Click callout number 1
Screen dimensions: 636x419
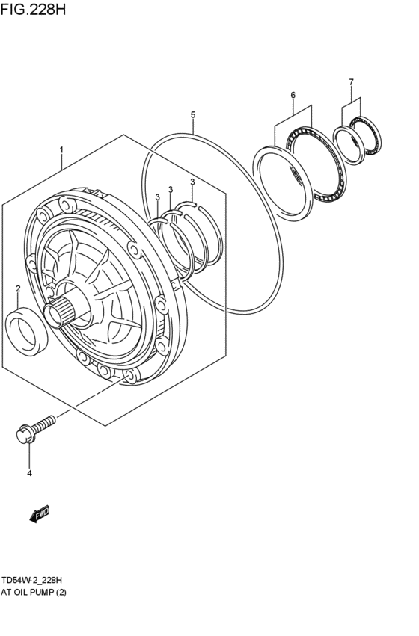62,149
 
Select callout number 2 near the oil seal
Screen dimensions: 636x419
18,288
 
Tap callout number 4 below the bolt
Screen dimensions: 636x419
29,473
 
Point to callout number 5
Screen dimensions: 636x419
192,114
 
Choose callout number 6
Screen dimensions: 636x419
293,95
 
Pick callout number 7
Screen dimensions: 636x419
350,81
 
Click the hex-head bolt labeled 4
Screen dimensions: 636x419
34,430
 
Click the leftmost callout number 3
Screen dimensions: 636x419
157,197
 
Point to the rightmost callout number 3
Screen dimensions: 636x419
192,182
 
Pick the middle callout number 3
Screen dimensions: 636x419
171,189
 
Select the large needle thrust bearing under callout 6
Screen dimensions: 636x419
317,162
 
